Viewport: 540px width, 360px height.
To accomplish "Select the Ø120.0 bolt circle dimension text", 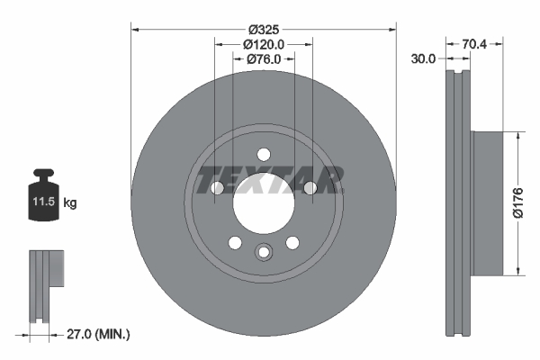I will (264, 43).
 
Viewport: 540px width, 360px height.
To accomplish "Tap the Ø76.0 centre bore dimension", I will (264, 59).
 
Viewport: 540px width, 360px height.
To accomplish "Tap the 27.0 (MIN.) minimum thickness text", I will (99, 334).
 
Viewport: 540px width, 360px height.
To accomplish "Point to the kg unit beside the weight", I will (70, 204).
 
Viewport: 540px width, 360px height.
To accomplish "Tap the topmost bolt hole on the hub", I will (264, 154).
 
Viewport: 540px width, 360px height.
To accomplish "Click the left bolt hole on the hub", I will (217, 188).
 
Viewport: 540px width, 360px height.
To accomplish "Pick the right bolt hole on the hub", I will (310, 188).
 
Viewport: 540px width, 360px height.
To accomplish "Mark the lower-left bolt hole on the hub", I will (235, 243).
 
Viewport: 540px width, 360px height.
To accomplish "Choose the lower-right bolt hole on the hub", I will (292, 243).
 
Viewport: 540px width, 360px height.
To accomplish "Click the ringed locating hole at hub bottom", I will (264, 253).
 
